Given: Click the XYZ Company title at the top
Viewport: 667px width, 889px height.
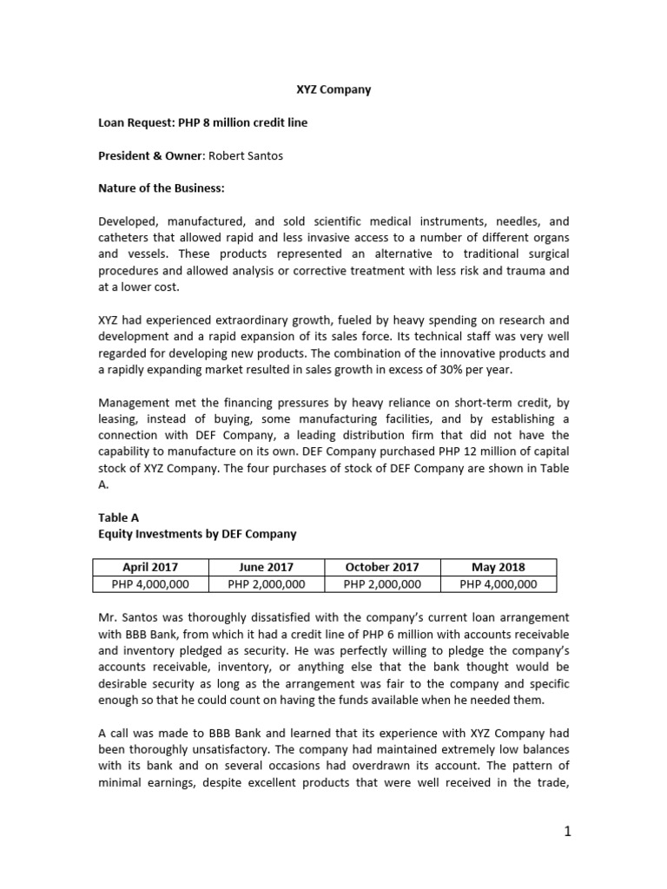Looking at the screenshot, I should click(329, 89).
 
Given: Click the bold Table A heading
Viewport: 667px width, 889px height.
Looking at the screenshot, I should click(118, 517).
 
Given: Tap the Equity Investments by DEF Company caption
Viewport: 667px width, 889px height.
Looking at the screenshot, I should click(197, 534).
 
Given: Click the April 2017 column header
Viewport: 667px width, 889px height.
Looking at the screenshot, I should click(150, 568).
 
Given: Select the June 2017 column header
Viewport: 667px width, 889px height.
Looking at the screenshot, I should click(266, 568).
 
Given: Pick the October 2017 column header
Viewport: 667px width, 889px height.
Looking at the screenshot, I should click(382, 568).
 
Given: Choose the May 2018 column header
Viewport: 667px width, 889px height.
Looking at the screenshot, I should click(499, 568).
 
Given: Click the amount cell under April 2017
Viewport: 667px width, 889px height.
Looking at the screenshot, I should click(150, 584).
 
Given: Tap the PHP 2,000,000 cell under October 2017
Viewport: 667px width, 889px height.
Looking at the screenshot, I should click(382, 584).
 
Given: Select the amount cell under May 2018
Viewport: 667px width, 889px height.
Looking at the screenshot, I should click(499, 584).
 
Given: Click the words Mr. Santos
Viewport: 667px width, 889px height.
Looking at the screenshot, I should click(128, 618).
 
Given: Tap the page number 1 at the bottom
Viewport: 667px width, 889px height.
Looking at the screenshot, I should click(566, 833).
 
